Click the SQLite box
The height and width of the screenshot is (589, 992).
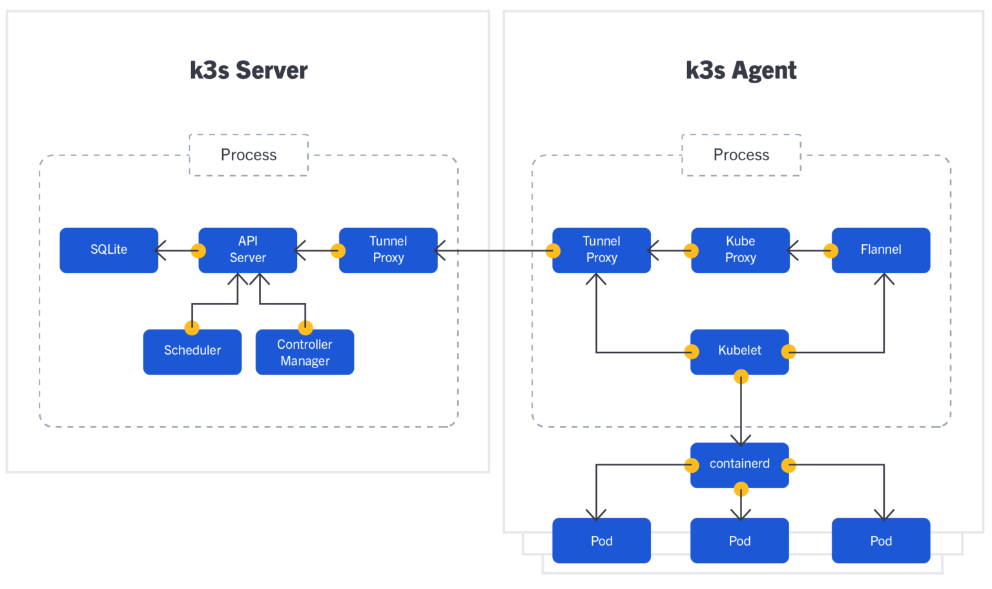click(108, 250)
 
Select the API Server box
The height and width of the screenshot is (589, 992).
click(248, 250)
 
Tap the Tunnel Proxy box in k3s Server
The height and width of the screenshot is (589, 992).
click(388, 250)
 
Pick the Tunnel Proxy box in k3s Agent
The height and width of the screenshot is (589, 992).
click(601, 250)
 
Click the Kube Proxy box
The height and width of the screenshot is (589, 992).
click(740, 250)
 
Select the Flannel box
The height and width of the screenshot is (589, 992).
click(880, 250)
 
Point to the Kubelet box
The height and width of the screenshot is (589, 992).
click(739, 351)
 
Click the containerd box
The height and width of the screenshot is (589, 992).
click(739, 464)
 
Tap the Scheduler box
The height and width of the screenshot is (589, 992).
click(192, 351)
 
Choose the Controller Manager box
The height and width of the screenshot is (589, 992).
click(305, 353)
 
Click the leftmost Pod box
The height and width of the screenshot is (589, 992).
click(601, 541)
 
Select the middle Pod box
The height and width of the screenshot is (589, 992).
click(739, 541)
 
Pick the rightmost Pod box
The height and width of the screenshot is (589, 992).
click(880, 541)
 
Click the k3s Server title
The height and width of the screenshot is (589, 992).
click(249, 70)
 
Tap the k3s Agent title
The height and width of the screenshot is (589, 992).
click(741, 70)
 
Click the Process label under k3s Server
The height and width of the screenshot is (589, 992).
click(249, 155)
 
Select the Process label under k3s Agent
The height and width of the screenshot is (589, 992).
click(741, 155)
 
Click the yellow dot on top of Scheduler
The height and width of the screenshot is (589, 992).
click(192, 327)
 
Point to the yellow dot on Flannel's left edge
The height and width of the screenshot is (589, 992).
click(831, 251)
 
